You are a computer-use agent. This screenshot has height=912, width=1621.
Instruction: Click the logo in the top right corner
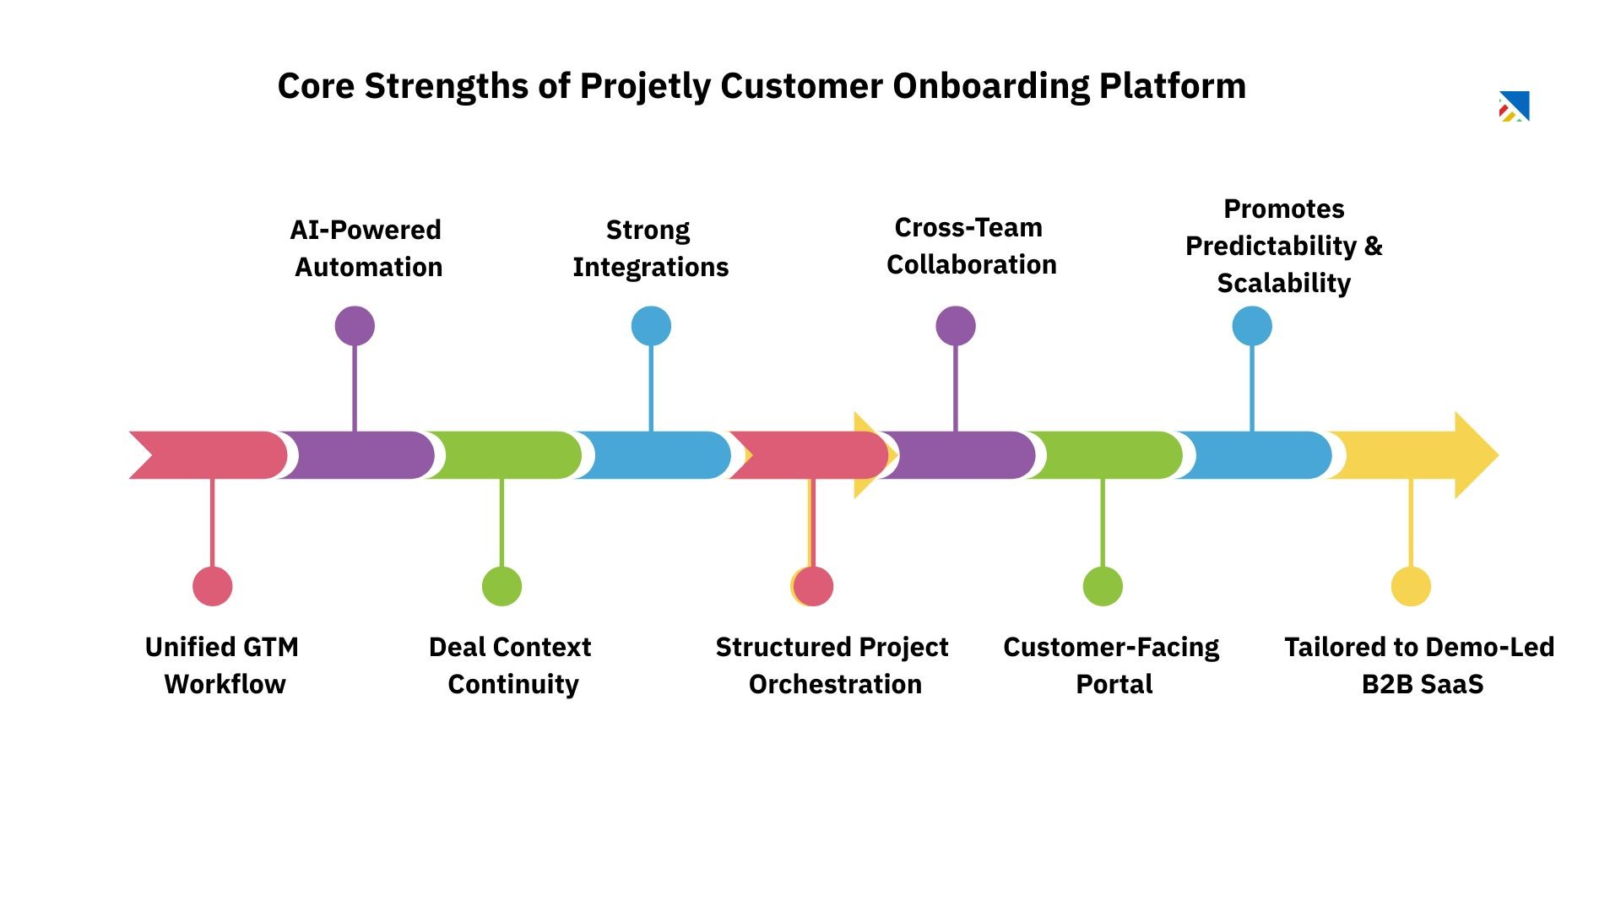[1515, 106]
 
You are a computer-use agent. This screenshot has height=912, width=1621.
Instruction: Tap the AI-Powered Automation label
[366, 248]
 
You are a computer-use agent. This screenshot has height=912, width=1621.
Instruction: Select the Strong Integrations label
[650, 248]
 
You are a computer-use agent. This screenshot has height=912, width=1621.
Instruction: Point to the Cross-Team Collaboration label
[971, 246]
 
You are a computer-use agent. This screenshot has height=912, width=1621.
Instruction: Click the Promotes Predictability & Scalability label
[1283, 246]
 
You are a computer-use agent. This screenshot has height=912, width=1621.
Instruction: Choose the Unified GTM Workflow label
[223, 665]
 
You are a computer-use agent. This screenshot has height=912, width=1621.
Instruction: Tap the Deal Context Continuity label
[511, 665]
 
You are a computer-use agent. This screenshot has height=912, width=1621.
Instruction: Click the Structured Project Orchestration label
[832, 665]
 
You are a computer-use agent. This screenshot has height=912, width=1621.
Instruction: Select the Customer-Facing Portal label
[1112, 665]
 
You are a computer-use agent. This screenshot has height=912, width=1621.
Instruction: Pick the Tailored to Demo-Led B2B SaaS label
[1420, 665]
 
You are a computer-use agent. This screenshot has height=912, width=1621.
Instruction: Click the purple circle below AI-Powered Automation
[355, 326]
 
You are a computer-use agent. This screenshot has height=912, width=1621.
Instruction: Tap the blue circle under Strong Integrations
[651, 326]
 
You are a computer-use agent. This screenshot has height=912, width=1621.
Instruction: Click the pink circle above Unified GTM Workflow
[213, 586]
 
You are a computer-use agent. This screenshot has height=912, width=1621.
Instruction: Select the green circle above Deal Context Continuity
[502, 586]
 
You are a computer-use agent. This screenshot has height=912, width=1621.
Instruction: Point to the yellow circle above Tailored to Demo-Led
[1411, 586]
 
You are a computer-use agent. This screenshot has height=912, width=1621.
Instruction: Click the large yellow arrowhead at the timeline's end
[1473, 455]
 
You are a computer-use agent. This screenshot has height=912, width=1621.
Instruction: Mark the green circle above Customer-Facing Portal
[1103, 586]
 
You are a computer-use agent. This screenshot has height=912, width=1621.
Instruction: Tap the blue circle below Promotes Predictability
[1252, 326]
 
